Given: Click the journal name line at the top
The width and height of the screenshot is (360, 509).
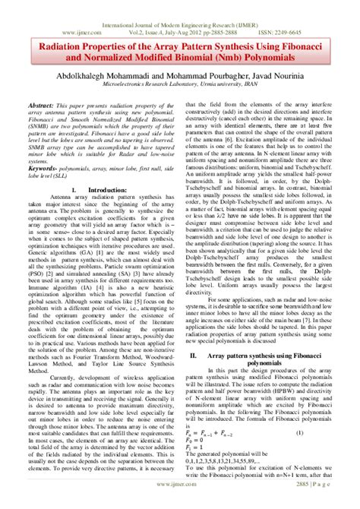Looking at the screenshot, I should [x=180, y=6].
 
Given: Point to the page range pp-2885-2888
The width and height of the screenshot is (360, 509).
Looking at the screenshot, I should [x=229, y=14].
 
